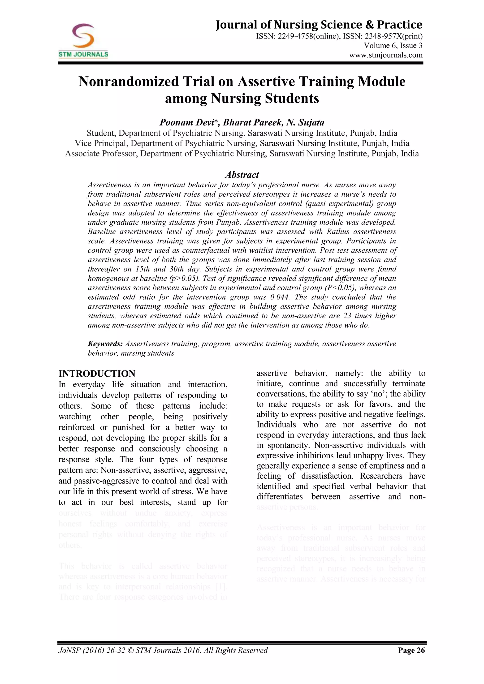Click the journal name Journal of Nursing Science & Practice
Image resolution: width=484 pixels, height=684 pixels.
[319, 25]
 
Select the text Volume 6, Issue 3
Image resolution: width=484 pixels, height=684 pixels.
[393, 46]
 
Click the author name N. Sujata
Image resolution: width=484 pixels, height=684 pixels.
[305, 122]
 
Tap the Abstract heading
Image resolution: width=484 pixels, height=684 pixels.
[242, 175]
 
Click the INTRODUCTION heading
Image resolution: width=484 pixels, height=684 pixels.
[97, 374]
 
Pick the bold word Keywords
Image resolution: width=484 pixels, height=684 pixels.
[105, 344]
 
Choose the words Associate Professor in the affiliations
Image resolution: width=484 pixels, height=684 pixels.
[101, 154]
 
